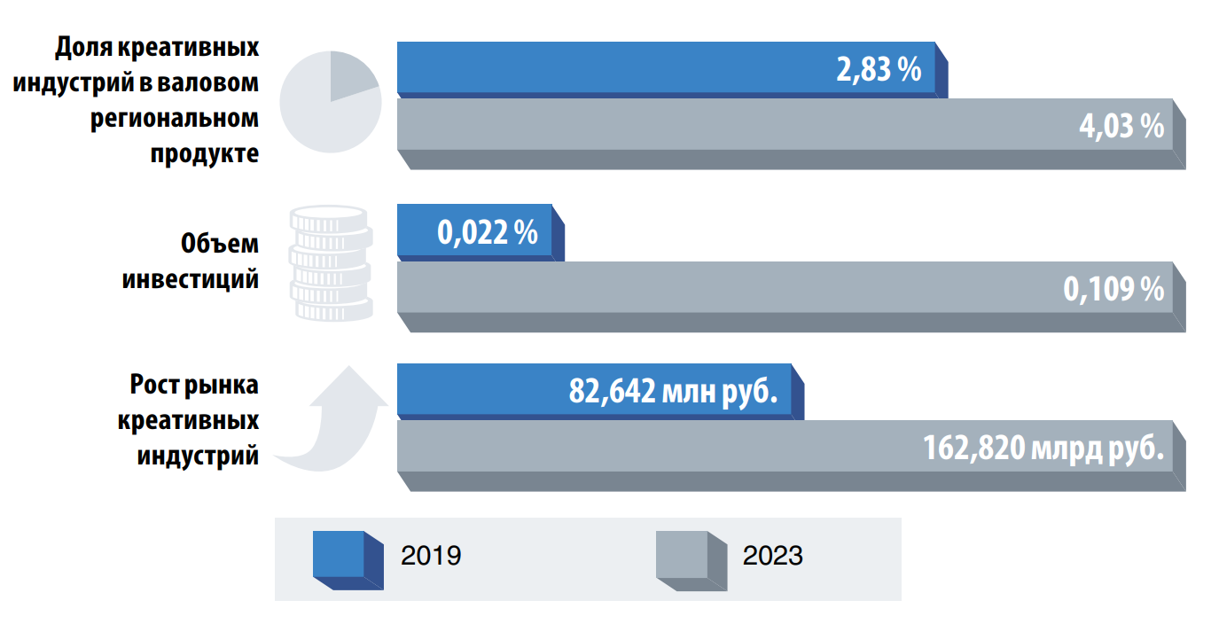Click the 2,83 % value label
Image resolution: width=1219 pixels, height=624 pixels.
coord(879,70)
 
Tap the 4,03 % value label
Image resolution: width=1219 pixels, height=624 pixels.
coord(1121,127)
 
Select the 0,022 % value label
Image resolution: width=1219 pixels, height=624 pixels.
coord(487,233)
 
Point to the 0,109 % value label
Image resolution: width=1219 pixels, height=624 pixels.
coord(1114,289)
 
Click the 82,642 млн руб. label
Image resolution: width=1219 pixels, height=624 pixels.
coord(673,392)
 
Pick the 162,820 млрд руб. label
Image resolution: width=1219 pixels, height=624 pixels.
coord(1043,448)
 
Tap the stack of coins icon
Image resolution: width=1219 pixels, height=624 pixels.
coord(331,263)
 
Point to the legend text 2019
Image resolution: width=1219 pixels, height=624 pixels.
coord(431,557)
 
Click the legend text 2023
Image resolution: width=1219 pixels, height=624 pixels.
coord(773,557)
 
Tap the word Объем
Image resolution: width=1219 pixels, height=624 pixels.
coord(220,244)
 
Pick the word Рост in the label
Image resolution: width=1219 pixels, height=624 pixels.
coord(155,386)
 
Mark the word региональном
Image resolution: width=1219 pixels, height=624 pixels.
coord(174,118)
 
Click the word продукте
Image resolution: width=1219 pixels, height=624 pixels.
coord(205,153)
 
